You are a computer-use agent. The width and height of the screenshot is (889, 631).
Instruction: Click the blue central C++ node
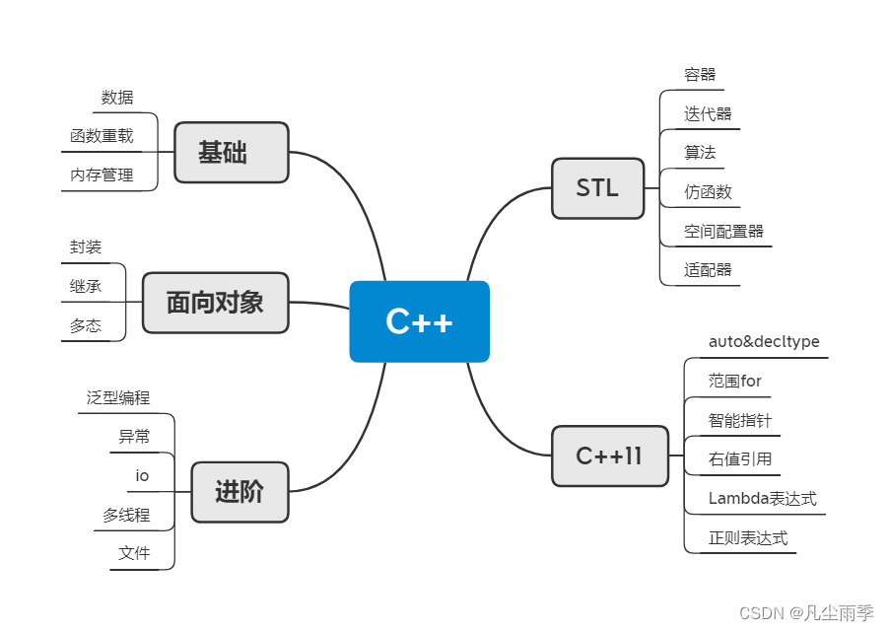click(419, 321)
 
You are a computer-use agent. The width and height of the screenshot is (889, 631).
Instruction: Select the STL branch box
click(597, 187)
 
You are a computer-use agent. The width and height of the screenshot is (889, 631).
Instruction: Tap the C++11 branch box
click(609, 456)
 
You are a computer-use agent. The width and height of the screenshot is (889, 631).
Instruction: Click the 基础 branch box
click(232, 152)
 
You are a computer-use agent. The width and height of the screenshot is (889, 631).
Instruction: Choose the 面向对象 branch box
click(215, 303)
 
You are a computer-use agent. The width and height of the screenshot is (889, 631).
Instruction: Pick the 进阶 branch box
click(239, 491)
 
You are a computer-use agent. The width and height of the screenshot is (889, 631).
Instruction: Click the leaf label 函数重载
click(102, 136)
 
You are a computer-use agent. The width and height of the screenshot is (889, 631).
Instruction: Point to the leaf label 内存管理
click(102, 175)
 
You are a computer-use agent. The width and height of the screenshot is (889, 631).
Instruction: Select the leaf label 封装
click(86, 247)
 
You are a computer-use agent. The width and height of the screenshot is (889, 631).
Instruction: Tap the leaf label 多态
click(86, 325)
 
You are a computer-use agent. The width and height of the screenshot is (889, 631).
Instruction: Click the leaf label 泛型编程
click(118, 397)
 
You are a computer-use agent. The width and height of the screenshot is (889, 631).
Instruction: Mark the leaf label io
click(142, 476)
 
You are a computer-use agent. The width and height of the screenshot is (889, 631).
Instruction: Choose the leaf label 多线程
click(126, 515)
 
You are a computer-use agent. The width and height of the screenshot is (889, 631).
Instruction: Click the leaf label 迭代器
click(708, 113)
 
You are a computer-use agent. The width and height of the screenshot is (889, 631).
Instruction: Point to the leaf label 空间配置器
click(723, 232)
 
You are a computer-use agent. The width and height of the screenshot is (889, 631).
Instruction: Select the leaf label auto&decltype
click(764, 342)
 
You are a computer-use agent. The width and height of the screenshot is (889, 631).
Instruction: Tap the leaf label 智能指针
click(739, 420)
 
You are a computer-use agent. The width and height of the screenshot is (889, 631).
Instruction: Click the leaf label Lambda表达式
click(763, 499)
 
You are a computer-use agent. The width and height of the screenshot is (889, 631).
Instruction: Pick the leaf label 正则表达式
click(748, 538)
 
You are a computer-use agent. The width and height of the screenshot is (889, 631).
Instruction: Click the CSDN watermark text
click(805, 612)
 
